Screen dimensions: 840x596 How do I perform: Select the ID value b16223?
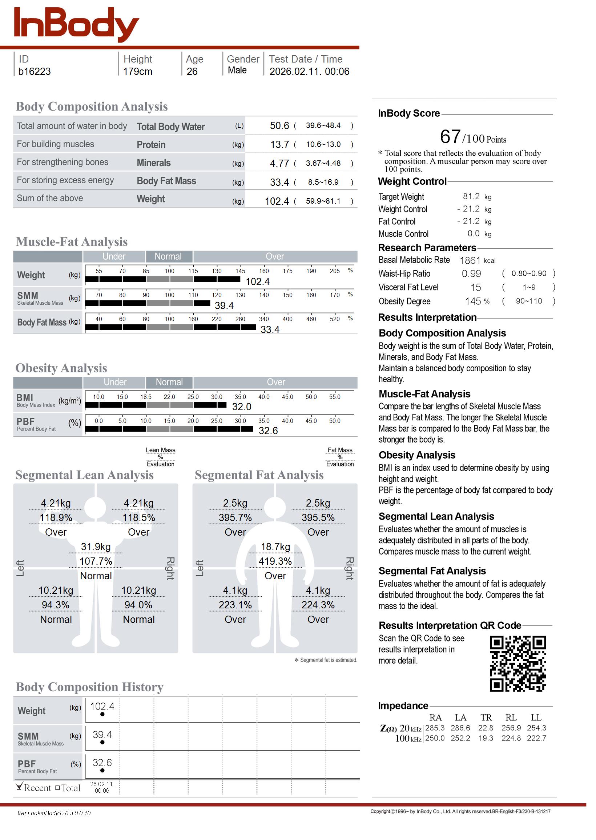coord(35,72)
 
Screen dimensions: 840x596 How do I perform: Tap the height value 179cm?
coord(138,72)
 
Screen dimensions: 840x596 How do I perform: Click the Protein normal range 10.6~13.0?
coord(323,144)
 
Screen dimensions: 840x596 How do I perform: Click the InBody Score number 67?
coord(450,137)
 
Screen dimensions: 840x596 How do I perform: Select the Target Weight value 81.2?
coord(471,196)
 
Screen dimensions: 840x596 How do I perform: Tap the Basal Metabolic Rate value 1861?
coord(470,260)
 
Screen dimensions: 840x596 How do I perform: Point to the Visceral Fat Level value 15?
coord(476,288)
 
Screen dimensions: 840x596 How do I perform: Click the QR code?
coord(518,663)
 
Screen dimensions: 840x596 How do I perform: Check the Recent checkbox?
coord(20,787)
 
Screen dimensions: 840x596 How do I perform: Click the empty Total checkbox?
coord(58,788)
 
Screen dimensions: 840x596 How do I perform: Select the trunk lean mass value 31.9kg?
coord(96,547)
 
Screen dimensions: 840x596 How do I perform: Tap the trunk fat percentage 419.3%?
coord(275,561)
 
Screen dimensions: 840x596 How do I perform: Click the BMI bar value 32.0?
coord(241,407)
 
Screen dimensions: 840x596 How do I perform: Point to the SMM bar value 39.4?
coord(224,305)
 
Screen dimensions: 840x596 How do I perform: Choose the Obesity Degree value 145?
coord(473,301)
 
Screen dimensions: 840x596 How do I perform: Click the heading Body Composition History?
coord(89,687)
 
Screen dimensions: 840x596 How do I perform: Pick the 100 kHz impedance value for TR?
coord(486,738)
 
